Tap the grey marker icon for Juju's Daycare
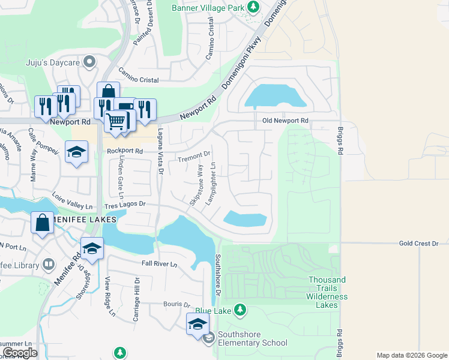(89, 61)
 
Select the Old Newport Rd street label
(285, 121)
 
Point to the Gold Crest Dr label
(420, 244)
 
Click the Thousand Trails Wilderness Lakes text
(327, 292)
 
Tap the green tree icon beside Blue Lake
(240, 310)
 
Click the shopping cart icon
(115, 121)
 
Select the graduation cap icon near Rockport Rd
(77, 152)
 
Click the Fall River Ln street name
(159, 264)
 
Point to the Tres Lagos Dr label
(125, 205)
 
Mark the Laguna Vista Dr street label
(160, 152)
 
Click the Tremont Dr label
(194, 157)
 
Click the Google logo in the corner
(20, 353)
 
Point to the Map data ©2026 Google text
(411, 355)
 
